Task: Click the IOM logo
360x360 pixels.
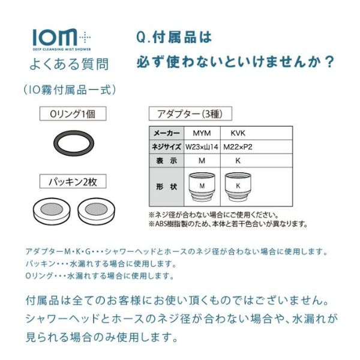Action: (62, 40)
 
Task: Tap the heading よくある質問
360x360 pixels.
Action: (69, 64)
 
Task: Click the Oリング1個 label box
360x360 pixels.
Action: (73, 113)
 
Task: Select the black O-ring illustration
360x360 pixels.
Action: (74, 143)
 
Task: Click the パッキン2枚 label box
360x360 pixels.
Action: (73, 181)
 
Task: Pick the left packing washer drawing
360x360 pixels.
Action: (52, 211)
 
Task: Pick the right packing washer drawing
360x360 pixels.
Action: (96, 211)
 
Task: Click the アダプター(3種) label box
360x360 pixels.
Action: (190, 113)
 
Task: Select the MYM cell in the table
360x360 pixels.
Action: (202, 133)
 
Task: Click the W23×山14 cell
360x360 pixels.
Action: (202, 147)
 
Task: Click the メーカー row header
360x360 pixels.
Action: (167, 133)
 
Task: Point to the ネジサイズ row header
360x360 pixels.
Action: (167, 147)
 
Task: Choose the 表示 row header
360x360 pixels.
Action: (167, 161)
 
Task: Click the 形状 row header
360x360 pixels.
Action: (167, 187)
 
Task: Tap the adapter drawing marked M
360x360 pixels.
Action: (202, 187)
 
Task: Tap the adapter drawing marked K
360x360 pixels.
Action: (238, 187)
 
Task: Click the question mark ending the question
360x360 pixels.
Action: (329, 62)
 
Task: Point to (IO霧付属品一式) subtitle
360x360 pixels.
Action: (70, 90)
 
